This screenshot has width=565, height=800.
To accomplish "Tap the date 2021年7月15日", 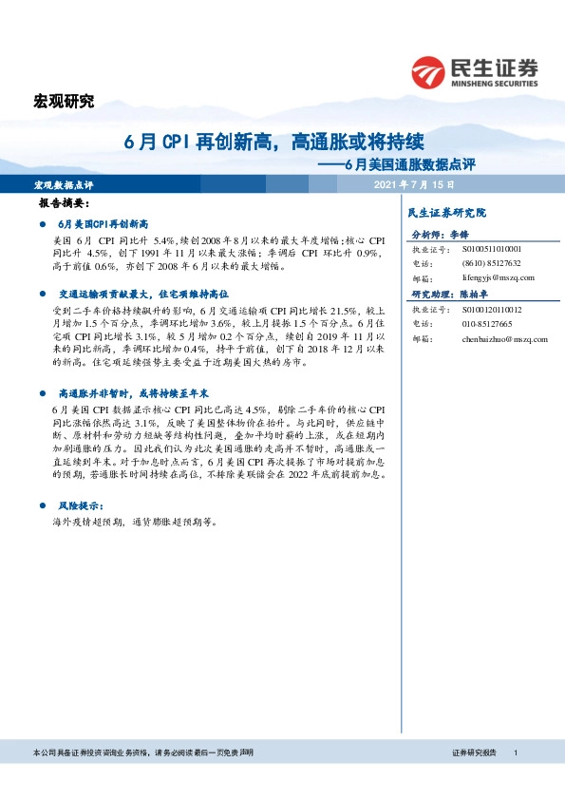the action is click(415, 184).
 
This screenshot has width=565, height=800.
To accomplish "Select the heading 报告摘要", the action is click(64, 203).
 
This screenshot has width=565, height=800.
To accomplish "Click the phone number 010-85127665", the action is click(487, 324).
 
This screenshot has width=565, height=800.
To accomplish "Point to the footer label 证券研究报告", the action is click(475, 752).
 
